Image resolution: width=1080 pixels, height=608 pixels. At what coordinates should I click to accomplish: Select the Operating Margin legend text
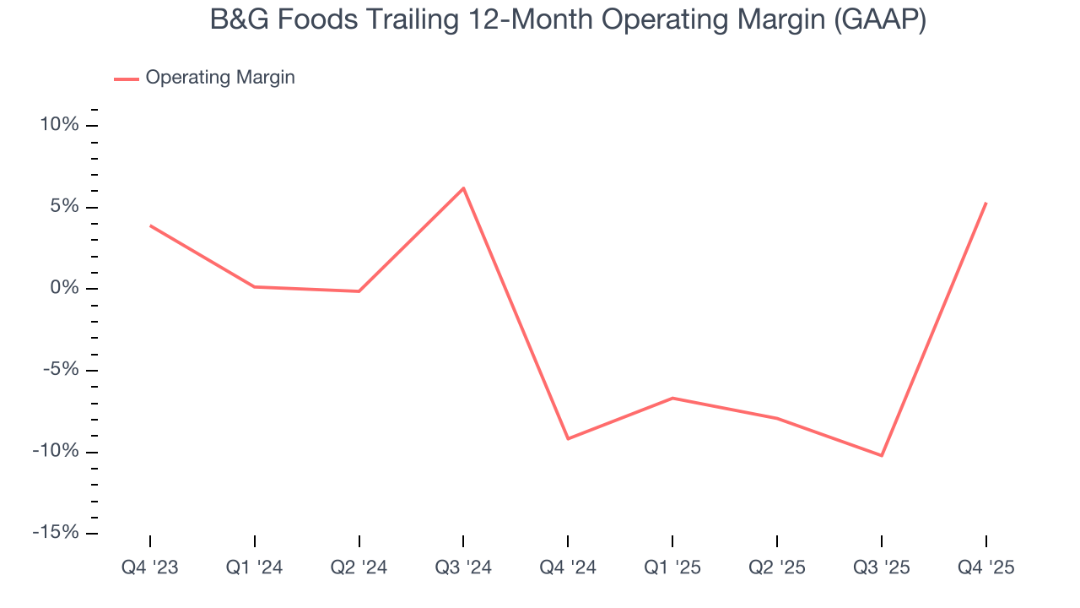coord(220,78)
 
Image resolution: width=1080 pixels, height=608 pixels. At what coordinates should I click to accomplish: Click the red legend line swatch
coord(127,79)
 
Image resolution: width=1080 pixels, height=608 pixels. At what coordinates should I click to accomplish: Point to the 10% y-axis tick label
coord(59,125)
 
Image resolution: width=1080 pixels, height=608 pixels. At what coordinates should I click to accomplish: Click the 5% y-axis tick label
coord(64,207)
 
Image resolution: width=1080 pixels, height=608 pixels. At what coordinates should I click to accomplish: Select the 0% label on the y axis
coord(64,289)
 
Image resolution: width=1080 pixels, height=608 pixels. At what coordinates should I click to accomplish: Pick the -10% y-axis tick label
coord(56,452)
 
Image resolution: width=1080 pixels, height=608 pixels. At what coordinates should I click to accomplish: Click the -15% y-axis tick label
coord(56,533)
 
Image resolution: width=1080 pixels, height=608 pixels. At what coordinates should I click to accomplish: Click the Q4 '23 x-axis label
coord(150,567)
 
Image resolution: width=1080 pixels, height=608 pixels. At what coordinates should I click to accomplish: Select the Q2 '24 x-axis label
coord(359,567)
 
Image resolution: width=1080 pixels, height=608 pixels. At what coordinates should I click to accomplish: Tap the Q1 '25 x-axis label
coord(672,567)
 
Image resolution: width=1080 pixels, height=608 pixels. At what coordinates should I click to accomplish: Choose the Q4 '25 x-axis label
coord(985,567)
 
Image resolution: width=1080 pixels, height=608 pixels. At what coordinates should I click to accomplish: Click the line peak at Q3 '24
coord(463,187)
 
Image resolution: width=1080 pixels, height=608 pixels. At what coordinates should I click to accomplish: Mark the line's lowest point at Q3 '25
coord(882,456)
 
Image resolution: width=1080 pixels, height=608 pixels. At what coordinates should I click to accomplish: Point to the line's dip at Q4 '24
coord(568,439)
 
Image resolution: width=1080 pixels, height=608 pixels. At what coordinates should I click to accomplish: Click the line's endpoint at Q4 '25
coord(985,203)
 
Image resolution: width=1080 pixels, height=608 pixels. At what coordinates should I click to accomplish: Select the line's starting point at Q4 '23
coord(150,225)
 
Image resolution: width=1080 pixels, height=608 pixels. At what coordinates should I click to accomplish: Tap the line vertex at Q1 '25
coord(672,398)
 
